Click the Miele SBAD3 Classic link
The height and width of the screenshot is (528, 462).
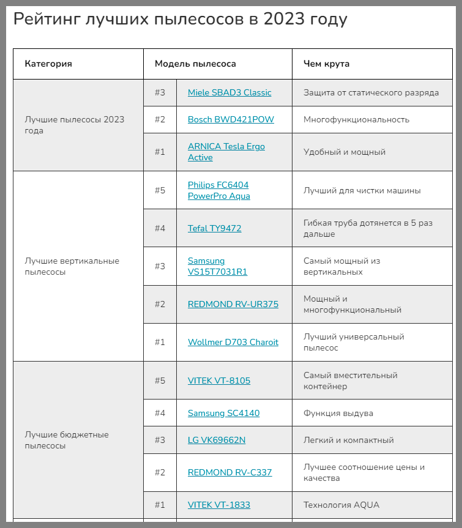point(229,92)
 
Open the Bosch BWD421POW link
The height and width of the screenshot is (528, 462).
point(231,119)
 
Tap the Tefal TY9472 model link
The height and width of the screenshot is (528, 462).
point(214,228)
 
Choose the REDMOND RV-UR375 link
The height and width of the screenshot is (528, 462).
point(233,304)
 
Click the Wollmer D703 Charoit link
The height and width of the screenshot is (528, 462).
point(233,342)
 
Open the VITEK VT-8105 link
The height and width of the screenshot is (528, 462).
point(219,381)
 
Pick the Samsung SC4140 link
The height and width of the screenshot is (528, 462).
point(223,413)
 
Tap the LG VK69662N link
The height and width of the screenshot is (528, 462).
point(217,440)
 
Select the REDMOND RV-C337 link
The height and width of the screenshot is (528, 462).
point(229,472)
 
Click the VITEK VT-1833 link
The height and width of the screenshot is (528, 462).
point(219,505)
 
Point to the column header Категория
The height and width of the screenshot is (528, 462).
point(48,64)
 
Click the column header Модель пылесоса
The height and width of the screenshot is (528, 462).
point(195,64)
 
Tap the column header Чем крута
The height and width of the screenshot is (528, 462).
point(327,64)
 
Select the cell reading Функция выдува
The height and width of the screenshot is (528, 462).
point(338,413)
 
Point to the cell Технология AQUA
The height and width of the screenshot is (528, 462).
point(341,505)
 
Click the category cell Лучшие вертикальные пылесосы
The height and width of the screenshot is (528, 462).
point(72,266)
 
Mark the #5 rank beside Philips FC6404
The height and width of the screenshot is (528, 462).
point(160,190)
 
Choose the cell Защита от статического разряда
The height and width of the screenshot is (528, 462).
point(371,92)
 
